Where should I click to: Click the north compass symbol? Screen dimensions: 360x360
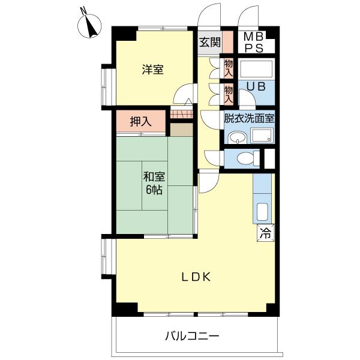point(89,25)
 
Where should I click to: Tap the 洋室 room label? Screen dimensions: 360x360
point(152,70)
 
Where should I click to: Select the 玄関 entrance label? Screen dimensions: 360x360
point(210,42)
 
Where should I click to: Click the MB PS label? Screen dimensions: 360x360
point(253,42)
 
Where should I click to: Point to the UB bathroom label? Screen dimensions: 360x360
point(256,86)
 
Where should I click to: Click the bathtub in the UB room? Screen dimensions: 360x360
point(256,68)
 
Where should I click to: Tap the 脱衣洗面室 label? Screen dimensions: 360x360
point(249,118)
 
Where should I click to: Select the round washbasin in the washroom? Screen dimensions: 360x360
point(237,138)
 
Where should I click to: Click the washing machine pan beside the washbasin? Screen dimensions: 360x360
point(262,136)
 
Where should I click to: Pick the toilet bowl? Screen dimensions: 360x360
point(245,158)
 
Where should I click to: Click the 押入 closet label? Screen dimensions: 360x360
point(141,121)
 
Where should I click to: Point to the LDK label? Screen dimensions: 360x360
point(196,277)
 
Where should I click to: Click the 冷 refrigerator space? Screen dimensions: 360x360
point(265,233)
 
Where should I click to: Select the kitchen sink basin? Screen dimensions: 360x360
point(262,212)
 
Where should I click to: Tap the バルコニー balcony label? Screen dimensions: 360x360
point(193,337)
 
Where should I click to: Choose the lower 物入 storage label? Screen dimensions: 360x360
point(229,94)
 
